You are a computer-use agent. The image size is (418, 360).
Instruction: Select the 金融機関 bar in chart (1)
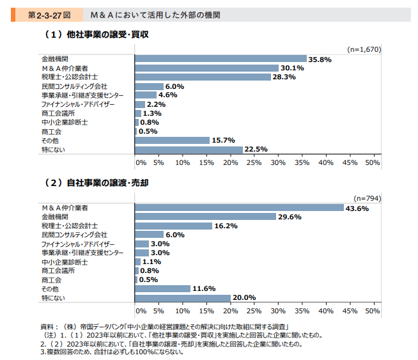pyautogui.click(x=221, y=59)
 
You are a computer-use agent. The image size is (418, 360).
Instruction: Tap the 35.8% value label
pyautogui.click(x=320, y=59)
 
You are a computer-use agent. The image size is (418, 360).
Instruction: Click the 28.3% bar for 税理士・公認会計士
pyautogui.click(x=203, y=77)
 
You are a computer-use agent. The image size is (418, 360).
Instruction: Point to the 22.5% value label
pyautogui.click(x=256, y=150)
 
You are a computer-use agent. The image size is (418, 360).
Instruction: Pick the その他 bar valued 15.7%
pyautogui.click(x=173, y=140)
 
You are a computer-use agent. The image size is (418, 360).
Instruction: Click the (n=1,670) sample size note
pyautogui.click(x=362, y=49)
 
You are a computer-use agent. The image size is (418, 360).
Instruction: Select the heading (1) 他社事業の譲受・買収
pyautogui.click(x=95, y=34)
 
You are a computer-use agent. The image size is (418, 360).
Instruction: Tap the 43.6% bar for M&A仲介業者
pyautogui.click(x=240, y=208)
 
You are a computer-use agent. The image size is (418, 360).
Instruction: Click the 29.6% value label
pyautogui.click(x=290, y=217)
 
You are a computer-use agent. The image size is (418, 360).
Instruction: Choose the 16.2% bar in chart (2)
pyautogui.click(x=174, y=226)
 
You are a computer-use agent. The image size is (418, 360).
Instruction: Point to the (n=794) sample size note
pyautogui.click(x=367, y=198)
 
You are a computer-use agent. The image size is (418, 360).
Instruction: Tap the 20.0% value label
pyautogui.click(x=244, y=298)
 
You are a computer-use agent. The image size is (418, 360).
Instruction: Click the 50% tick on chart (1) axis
pyautogui.click(x=373, y=162)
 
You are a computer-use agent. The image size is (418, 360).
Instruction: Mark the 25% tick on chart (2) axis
pyautogui.click(x=254, y=311)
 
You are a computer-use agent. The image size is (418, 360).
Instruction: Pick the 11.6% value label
pyautogui.click(x=204, y=289)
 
